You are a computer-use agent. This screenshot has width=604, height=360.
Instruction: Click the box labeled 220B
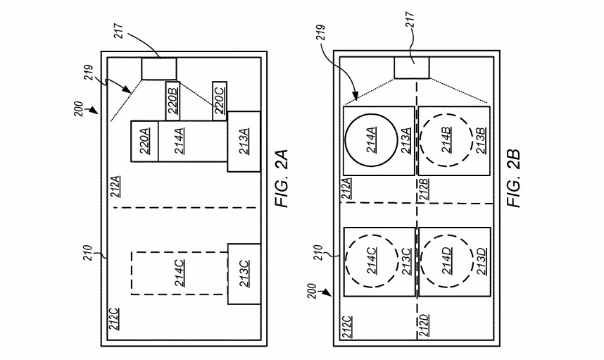tap(173, 101)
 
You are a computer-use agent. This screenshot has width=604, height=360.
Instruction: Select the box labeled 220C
tap(219, 101)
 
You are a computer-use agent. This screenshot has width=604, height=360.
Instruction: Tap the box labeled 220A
tap(145, 141)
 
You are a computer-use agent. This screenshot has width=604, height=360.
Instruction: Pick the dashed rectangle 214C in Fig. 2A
tap(132, 273)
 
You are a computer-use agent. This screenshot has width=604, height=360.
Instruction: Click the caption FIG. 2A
tap(282, 178)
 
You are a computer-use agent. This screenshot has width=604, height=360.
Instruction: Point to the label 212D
tap(423, 325)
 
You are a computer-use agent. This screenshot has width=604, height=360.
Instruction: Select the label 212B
tap(423, 189)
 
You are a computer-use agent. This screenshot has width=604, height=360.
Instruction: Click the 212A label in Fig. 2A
tap(115, 186)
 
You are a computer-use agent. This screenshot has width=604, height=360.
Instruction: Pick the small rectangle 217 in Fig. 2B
tap(411, 68)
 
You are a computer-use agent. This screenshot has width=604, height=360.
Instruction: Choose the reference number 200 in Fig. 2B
tap(313, 292)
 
